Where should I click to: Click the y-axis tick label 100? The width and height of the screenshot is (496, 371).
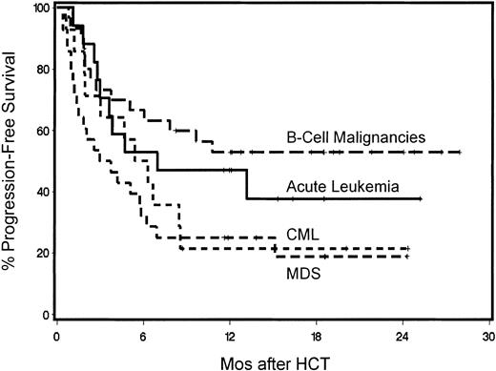36,9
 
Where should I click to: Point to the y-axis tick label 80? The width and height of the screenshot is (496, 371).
39,70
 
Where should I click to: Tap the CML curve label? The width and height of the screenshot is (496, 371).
300,234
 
